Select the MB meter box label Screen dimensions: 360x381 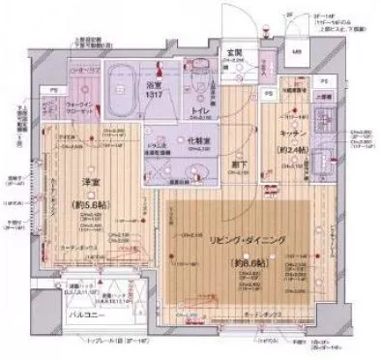[x=297, y=50]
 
